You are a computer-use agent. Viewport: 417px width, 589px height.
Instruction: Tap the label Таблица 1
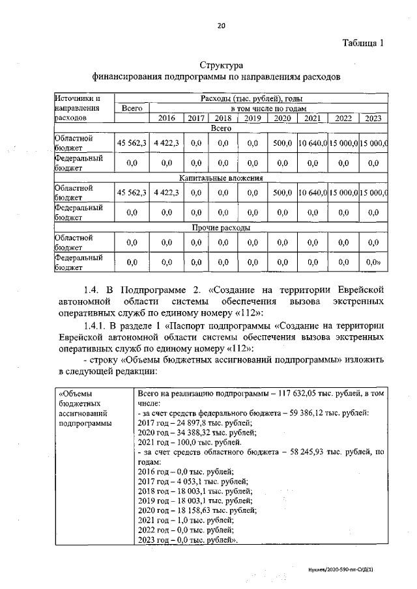[362, 43]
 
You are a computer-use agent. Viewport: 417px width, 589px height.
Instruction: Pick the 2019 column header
[253, 118]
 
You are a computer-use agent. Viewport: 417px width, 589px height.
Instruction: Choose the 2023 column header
[372, 118]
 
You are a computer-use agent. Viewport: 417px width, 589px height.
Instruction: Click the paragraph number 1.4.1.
[96, 325]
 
